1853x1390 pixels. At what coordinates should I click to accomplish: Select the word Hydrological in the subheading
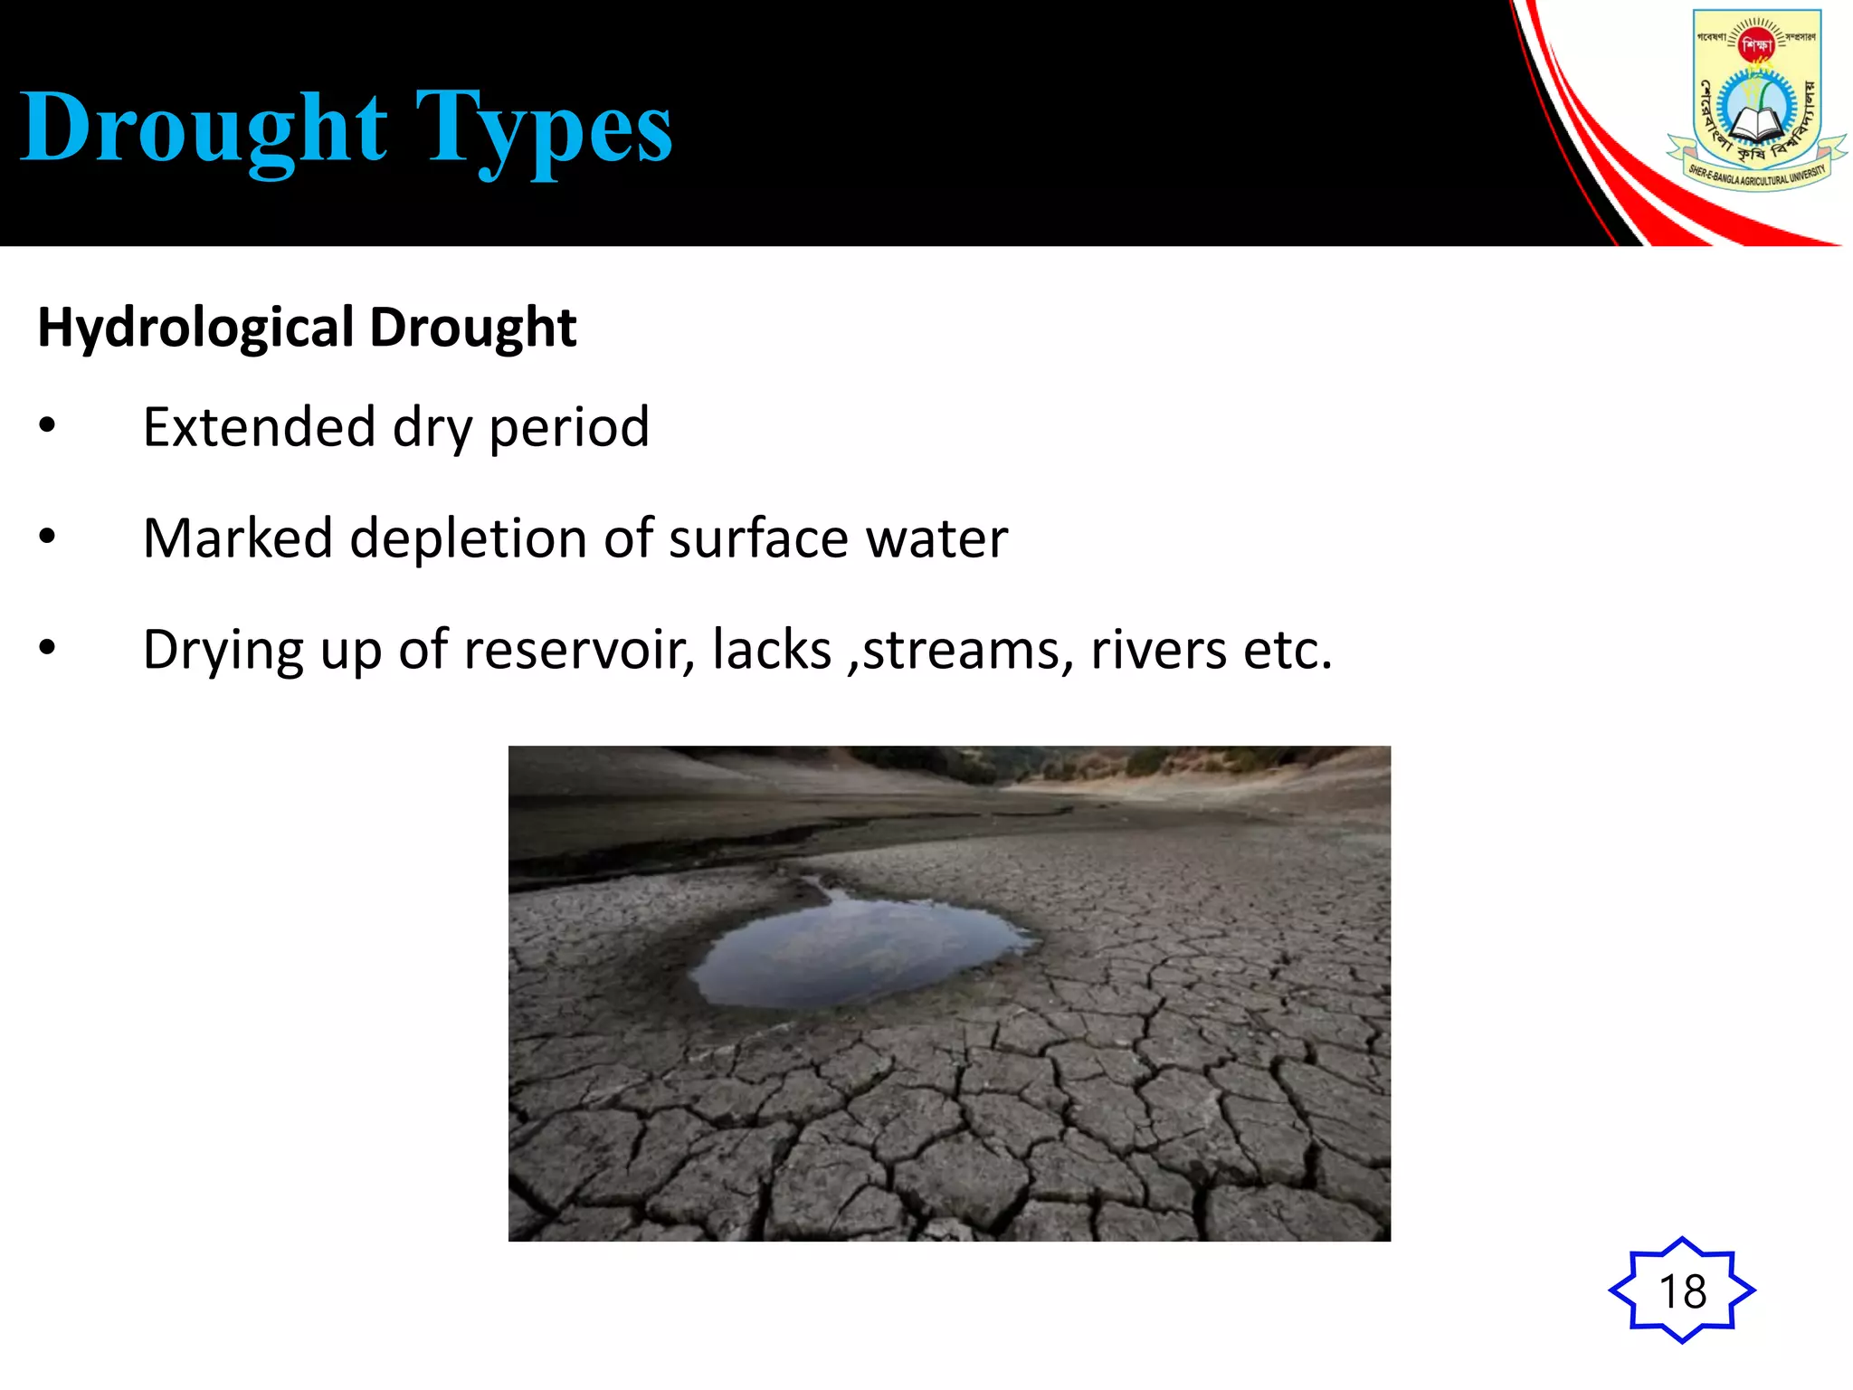[x=195, y=328]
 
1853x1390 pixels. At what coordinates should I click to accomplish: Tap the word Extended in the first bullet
[x=259, y=427]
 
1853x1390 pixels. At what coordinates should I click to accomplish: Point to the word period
[x=569, y=427]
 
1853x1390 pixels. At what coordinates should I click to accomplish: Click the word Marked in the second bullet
[x=238, y=538]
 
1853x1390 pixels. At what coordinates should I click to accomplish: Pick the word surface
[x=758, y=538]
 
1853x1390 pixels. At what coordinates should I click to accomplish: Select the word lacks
[x=772, y=650]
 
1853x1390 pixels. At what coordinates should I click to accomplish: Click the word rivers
[x=1158, y=650]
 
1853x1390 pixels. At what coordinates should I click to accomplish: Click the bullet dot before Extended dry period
[x=48, y=425]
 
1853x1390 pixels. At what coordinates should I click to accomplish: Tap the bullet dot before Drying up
[x=48, y=648]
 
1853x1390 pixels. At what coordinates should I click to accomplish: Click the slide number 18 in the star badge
[x=1682, y=1290]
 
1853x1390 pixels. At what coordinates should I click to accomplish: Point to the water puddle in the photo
[x=860, y=950]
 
